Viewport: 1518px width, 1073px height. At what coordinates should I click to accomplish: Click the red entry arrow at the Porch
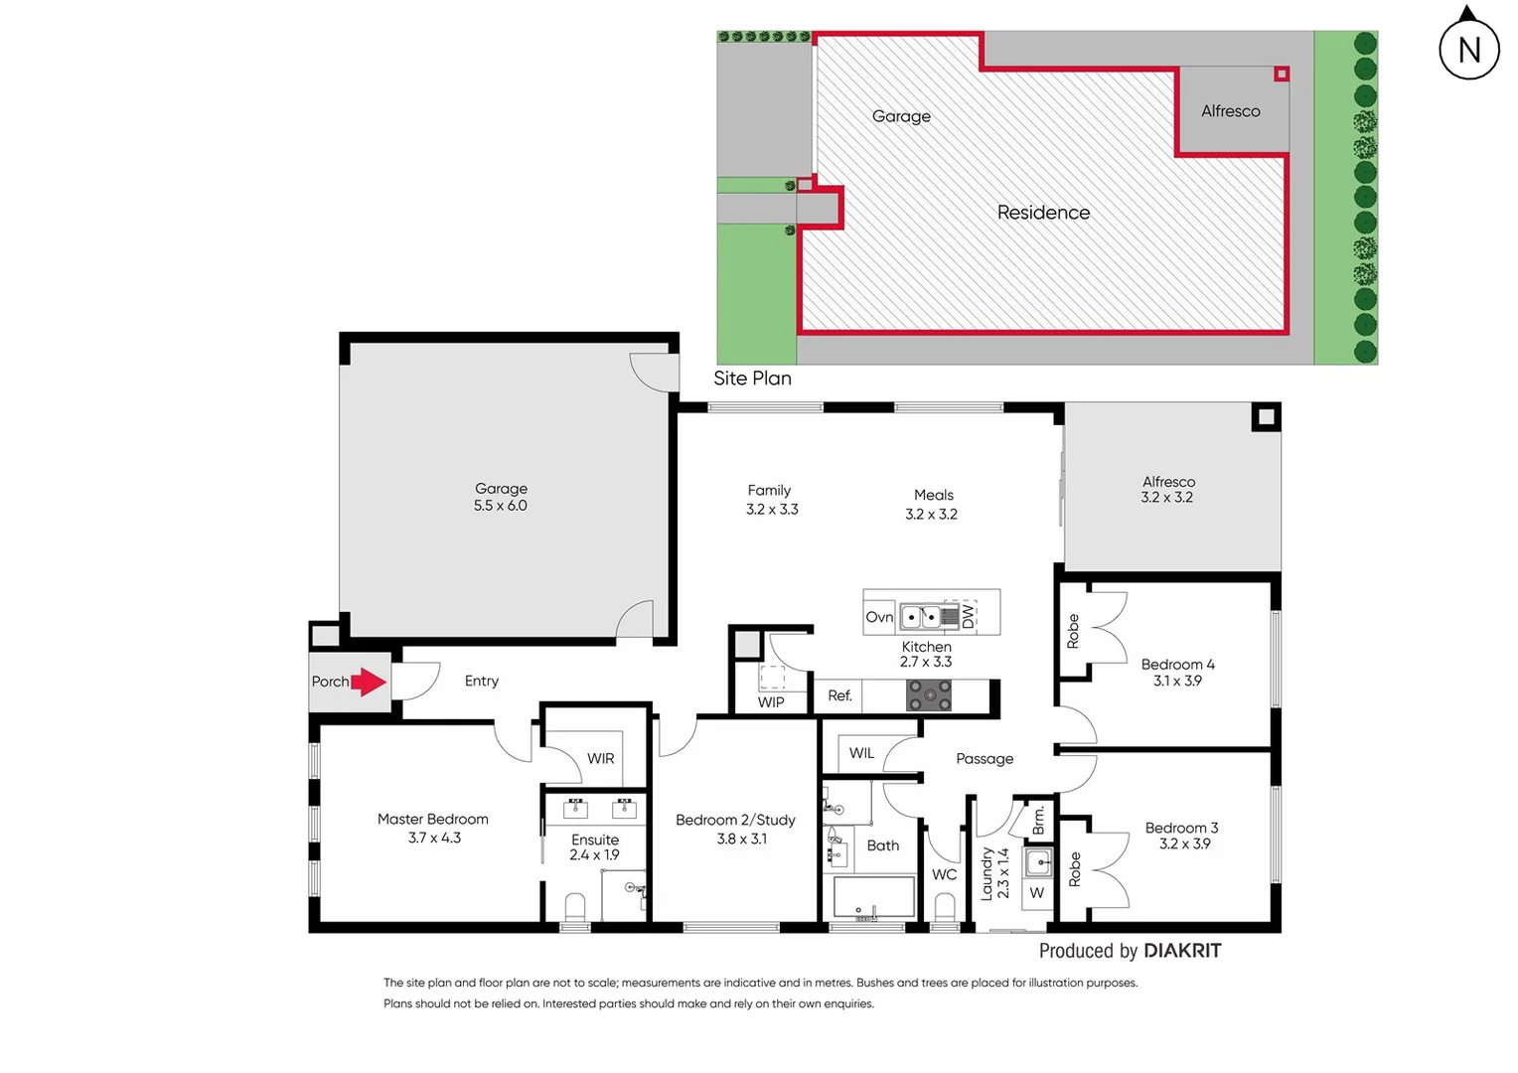pos(368,682)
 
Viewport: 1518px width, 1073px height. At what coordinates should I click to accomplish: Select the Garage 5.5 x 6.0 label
pos(501,497)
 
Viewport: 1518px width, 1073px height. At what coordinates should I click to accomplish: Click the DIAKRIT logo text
pos(1182,951)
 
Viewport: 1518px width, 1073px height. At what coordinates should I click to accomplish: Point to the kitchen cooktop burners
pos(929,695)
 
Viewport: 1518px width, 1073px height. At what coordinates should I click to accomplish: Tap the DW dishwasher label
pos(968,617)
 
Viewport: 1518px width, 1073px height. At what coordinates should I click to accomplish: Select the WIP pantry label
pos(771,702)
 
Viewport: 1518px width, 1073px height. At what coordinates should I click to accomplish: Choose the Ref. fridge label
pos(839,695)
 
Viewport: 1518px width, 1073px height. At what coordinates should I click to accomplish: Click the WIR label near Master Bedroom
pos(600,758)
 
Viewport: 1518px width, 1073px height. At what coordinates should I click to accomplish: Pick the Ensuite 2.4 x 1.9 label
pos(594,847)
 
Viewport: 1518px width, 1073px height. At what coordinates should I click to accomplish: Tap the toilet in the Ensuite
pos(575,907)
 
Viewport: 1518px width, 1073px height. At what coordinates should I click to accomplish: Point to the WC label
pos(944,874)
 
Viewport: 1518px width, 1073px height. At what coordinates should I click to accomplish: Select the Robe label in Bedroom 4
pos(1073,631)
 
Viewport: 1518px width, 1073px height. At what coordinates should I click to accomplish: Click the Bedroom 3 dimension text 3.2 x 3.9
pos(1184,844)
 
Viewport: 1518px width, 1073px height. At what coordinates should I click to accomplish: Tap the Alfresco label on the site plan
pos(1230,111)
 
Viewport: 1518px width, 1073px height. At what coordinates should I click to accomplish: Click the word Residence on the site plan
pos(1043,213)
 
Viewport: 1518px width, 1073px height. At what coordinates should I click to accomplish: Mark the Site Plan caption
pos(752,379)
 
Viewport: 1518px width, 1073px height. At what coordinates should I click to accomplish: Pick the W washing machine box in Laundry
pos(1037,893)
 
